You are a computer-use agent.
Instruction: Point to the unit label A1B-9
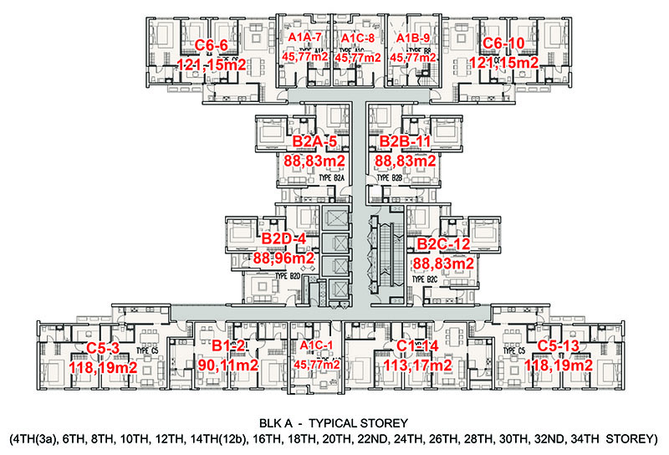[x=416, y=38]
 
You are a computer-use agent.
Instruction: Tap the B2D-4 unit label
[x=283, y=240]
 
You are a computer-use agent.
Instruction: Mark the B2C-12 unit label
[x=444, y=244]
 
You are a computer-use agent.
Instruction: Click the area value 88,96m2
[x=283, y=258]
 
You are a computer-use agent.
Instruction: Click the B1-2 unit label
[x=227, y=345]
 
